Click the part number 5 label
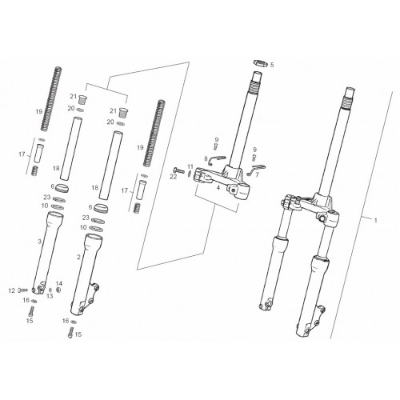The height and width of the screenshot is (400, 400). pyautogui.click(x=272, y=65)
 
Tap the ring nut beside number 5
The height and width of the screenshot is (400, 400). pyautogui.click(x=260, y=63)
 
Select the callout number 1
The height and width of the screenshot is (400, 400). pyautogui.click(x=376, y=220)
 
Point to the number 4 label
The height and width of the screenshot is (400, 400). pyautogui.click(x=218, y=188)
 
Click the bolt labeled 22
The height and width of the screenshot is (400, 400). pyautogui.click(x=179, y=170)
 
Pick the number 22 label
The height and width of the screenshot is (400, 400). pyautogui.click(x=174, y=177)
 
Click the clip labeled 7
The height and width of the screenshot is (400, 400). pyautogui.click(x=257, y=170)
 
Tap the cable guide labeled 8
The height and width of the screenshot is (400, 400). pyautogui.click(x=218, y=158)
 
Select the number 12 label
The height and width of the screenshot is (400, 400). pyautogui.click(x=11, y=290)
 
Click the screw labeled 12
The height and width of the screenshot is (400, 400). pyautogui.click(x=23, y=290)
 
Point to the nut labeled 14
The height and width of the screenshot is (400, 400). pyautogui.click(x=58, y=290)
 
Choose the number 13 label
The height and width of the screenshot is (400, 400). pyautogui.click(x=50, y=296)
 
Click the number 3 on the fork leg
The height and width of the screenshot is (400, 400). pyautogui.click(x=40, y=242)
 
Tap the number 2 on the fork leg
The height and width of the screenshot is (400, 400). pyautogui.click(x=78, y=258)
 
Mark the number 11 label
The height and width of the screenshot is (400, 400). pyautogui.click(x=190, y=167)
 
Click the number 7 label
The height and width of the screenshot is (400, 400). pyautogui.click(x=257, y=175)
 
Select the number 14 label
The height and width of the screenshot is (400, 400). pyautogui.click(x=59, y=283)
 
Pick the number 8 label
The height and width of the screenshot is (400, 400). pyautogui.click(x=206, y=159)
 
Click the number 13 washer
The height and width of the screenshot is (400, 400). pyautogui.click(x=50, y=290)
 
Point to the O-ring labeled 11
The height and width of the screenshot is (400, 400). pyautogui.click(x=189, y=173)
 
